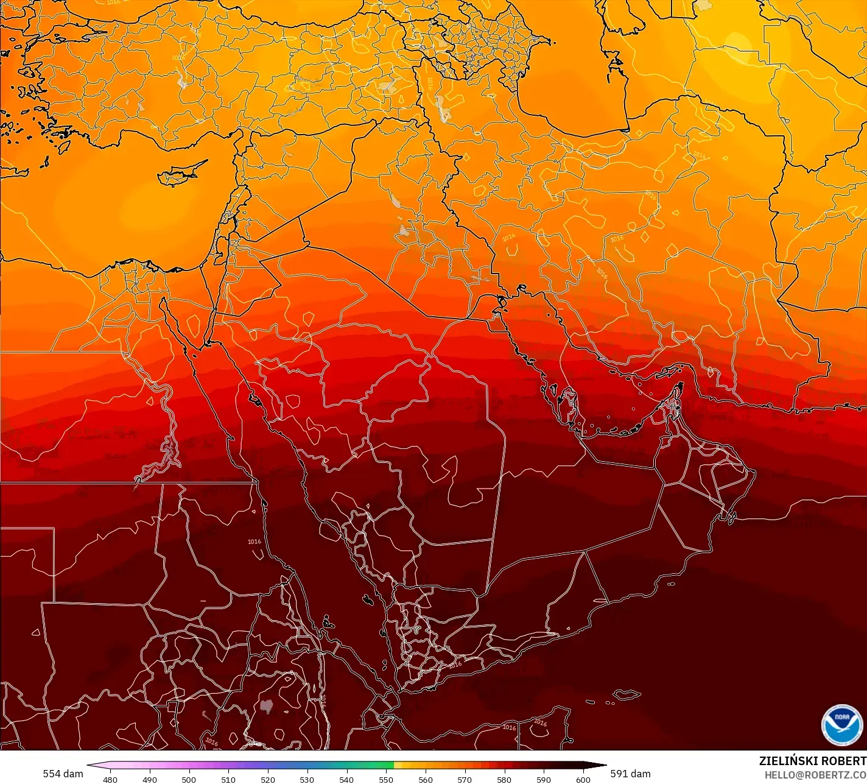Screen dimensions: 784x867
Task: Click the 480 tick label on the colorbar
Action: (110, 779)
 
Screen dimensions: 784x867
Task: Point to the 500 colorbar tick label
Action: (189, 779)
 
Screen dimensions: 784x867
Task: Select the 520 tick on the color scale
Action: (268, 779)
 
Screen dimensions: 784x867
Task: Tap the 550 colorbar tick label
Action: (386, 779)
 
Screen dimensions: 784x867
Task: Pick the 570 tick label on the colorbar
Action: (465, 779)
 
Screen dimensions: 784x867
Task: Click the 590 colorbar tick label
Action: (544, 779)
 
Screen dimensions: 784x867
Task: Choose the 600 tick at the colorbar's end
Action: (583, 779)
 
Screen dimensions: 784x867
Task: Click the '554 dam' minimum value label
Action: (63, 774)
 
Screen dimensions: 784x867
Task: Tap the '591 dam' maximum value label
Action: (630, 774)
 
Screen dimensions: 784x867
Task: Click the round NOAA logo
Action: (841, 724)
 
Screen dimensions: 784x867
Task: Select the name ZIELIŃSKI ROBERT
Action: (812, 761)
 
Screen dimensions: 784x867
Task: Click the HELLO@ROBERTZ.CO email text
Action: (815, 775)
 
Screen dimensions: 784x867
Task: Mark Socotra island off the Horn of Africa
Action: (626, 694)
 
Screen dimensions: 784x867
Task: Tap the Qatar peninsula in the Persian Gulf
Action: (569, 406)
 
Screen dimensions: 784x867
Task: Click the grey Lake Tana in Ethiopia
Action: (266, 706)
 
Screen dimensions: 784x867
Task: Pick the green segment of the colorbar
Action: (365, 765)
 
